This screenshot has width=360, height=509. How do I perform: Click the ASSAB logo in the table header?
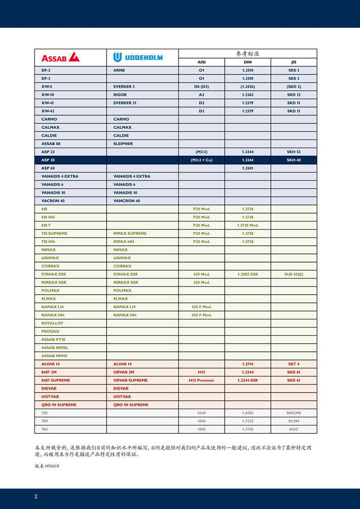60,57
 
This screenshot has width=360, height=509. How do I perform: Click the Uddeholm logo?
138,57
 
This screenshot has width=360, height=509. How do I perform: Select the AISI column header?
201,62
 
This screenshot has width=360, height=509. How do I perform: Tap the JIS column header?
294,62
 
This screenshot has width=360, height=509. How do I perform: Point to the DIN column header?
247,62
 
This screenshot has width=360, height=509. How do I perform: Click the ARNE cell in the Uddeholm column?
119,70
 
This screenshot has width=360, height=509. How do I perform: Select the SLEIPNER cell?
123,143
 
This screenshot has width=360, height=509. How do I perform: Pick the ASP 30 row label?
48,160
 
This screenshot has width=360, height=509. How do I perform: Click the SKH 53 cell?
294,152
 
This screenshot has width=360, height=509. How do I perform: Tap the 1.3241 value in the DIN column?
247,168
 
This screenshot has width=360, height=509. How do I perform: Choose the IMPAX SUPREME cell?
130,233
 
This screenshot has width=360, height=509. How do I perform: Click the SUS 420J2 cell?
294,274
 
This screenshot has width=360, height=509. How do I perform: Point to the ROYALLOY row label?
52,323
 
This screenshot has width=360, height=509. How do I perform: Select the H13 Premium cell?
201,380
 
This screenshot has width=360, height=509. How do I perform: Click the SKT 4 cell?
294,364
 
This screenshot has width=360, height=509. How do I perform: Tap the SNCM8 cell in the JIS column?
294,413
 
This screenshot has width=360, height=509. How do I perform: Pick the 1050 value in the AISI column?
201,429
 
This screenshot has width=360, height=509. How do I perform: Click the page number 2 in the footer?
35,496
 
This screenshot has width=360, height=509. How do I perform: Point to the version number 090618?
52,466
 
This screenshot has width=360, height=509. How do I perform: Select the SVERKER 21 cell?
124,102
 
